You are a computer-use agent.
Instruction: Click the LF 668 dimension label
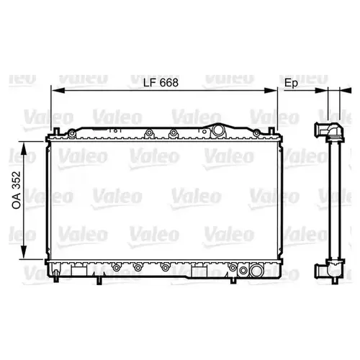pos(161,83)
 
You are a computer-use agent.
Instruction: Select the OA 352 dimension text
pos(17,190)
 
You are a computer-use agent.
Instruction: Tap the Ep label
pos(291,84)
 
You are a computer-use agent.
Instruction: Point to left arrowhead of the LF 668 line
pos(58,91)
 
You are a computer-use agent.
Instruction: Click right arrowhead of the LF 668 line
pos(271,91)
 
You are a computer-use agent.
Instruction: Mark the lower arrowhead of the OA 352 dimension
pos(24,252)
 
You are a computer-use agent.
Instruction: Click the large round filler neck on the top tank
pos(218,131)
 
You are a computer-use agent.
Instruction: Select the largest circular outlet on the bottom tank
pos(256,271)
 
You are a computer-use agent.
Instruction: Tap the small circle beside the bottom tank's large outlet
pos(243,271)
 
